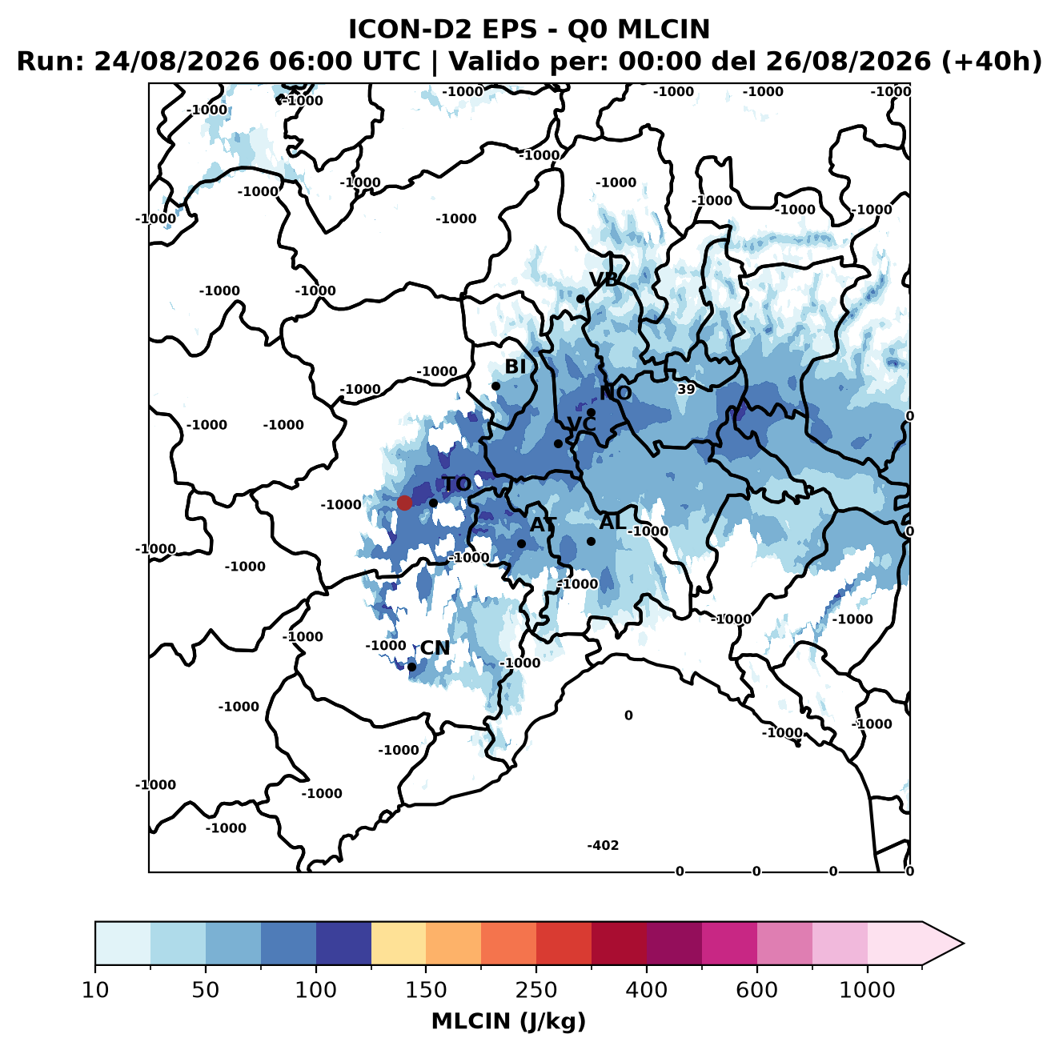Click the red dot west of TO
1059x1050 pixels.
click(404, 503)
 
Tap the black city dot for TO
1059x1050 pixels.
click(433, 503)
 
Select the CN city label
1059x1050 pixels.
click(435, 648)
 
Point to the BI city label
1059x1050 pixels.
click(515, 367)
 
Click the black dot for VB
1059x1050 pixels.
click(580, 299)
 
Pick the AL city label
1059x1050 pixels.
click(612, 522)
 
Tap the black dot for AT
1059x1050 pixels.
click(521, 544)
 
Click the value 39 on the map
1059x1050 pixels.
click(686, 389)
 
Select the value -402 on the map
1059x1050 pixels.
click(603, 845)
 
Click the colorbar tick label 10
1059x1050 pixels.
click(95, 990)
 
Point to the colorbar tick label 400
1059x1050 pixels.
click(646, 990)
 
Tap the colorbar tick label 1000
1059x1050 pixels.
click(867, 990)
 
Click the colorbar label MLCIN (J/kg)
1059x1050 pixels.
click(508, 1021)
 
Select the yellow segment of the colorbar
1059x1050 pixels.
click(399, 944)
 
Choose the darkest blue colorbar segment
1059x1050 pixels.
click(343, 944)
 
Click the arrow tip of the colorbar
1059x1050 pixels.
click(964, 944)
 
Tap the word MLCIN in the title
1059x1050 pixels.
click(664, 30)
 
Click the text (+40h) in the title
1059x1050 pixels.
click(991, 62)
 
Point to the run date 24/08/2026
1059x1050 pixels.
click(176, 62)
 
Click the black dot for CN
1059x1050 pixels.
click(411, 667)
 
